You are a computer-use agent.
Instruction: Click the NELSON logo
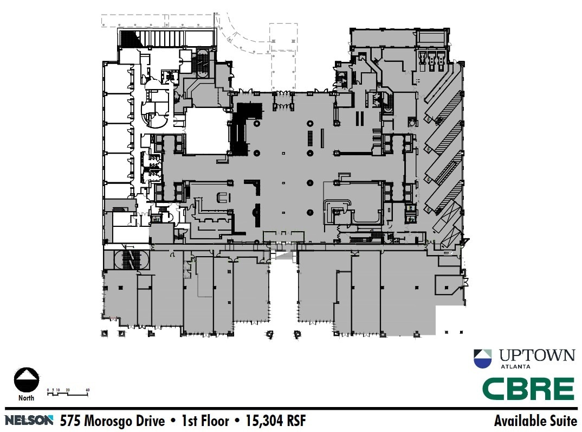pos(30,420)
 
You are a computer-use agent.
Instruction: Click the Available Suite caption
pos(535,420)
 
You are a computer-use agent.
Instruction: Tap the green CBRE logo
pos(528,389)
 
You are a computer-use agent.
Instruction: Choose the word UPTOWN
pos(536,355)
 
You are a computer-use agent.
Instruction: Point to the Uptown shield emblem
pos(483,359)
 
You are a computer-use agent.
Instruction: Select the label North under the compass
pos(26,398)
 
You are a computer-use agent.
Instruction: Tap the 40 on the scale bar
pos(87,390)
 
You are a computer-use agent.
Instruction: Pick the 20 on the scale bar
pos(67,390)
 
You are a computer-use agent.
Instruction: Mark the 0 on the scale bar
pos(48,390)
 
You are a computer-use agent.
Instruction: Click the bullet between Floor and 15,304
pos(234,420)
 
